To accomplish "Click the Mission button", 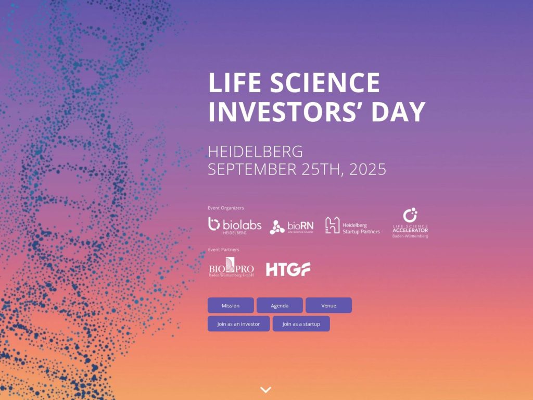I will (231, 305).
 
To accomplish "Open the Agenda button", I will (280, 305).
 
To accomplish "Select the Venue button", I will (328, 305).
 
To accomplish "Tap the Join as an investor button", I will (238, 323).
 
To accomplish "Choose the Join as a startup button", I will (301, 323).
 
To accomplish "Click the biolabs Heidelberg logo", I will (235, 226).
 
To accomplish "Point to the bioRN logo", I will (291, 227).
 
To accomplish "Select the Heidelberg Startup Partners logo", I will (352, 226).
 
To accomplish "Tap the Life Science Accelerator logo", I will (410, 223).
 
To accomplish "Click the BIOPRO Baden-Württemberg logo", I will (231, 267).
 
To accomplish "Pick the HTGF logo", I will (288, 269).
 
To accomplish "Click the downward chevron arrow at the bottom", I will (265, 390).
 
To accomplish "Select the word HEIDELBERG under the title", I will (255, 152).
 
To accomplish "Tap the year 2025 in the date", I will (368, 169).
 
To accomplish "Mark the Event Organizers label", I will (225, 208).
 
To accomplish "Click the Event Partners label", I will (223, 249).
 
